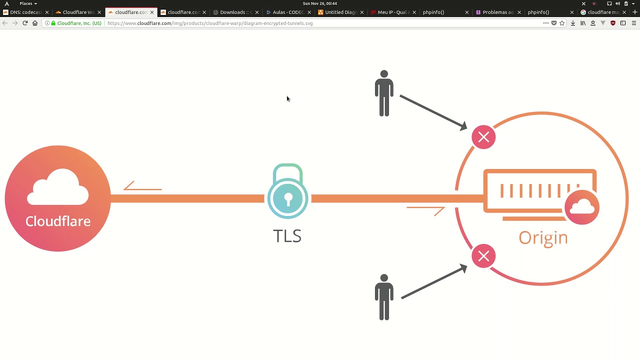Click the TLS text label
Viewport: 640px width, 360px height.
(287, 236)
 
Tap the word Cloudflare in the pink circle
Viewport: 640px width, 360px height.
(58, 221)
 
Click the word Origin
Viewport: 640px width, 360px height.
(543, 237)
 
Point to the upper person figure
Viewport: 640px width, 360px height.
(384, 93)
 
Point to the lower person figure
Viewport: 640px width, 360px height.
(384, 297)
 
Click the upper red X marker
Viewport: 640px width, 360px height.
(483, 137)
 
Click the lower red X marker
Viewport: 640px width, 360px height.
(483, 256)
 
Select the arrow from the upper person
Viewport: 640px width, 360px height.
(433, 112)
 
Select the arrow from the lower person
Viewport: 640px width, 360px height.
(433, 283)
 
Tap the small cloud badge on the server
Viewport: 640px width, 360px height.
(582, 206)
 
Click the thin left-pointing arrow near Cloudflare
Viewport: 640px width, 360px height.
(142, 186)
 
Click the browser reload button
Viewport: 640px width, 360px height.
(25, 23)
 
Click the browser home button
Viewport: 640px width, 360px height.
(35, 23)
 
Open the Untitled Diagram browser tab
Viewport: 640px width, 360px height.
(340, 12)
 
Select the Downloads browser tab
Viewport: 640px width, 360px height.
(235, 12)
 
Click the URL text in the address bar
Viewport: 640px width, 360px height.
(210, 23)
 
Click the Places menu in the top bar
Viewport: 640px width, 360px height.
(27, 3)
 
